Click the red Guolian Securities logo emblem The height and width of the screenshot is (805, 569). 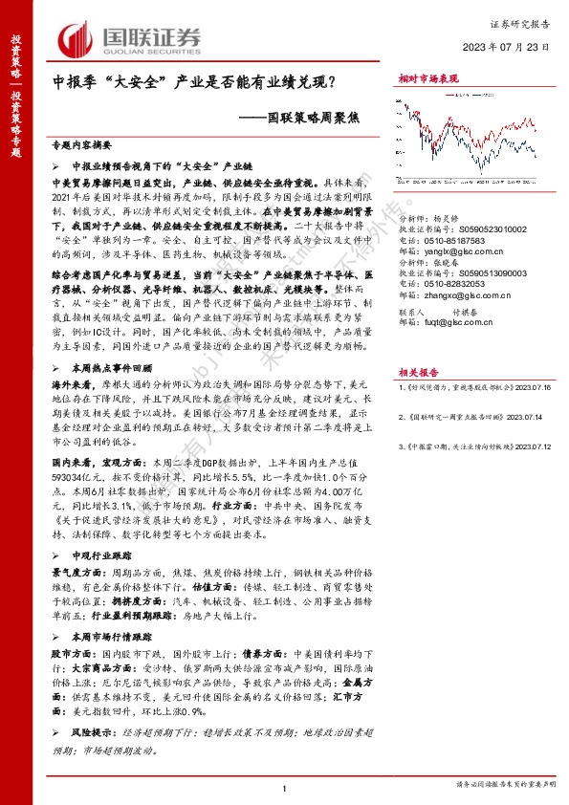click(76, 38)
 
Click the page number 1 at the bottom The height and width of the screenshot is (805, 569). click(285, 786)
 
